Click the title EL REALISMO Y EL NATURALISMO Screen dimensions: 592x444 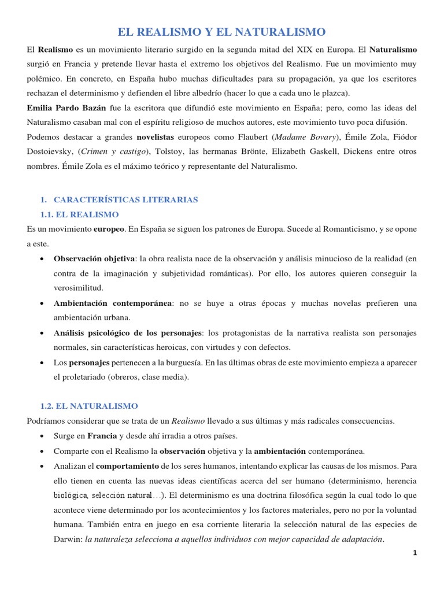pos(222,32)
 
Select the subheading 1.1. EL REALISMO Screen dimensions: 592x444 pos(79,214)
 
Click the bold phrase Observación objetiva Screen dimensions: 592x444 pos(94,258)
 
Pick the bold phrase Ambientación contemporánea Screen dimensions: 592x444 pos(113,303)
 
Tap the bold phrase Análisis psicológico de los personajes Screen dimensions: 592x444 pos(128,333)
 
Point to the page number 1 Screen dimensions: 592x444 pos(415,553)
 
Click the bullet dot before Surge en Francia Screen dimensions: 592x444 pos(43,435)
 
